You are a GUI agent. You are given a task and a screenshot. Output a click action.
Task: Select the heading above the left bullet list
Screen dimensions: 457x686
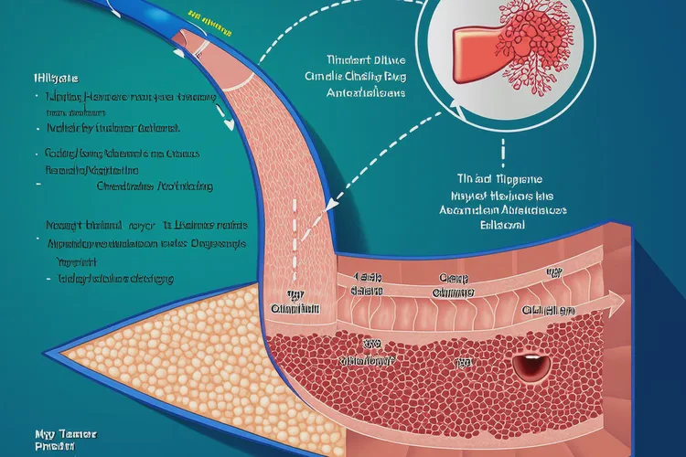[x=42, y=79]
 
